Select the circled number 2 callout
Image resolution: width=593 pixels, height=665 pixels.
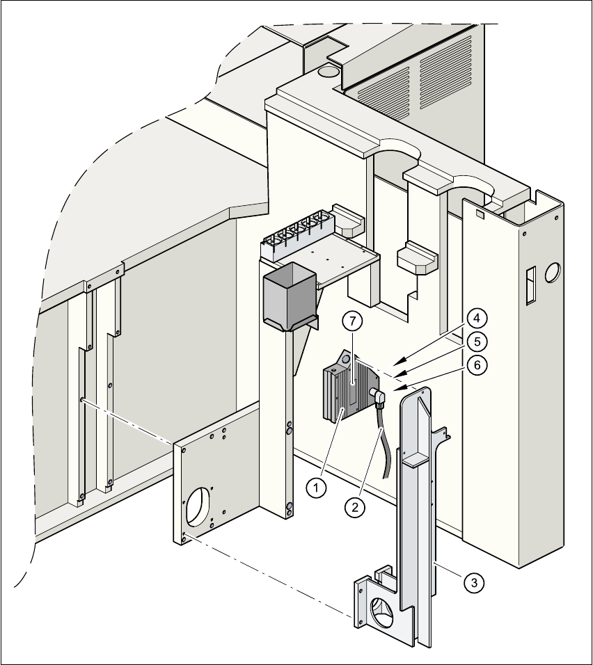355,507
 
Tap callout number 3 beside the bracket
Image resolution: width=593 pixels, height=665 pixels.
473,582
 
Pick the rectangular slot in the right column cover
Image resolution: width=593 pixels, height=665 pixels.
530,285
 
